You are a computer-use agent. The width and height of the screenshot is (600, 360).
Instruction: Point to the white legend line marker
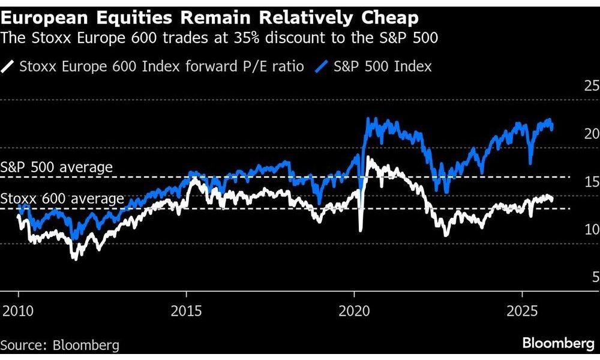(9, 66)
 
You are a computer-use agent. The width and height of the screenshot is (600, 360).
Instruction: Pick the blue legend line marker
(322, 66)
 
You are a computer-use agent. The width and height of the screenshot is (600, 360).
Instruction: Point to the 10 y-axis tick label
(591, 229)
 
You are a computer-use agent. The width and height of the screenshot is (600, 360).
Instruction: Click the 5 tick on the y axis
(595, 277)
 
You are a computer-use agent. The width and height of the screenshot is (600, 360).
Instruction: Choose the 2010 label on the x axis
(18, 312)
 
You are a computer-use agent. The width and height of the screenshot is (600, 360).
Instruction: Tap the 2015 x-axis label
(186, 312)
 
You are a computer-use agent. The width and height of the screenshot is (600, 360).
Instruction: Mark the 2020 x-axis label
(354, 312)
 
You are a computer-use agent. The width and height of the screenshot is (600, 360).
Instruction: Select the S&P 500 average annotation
(56, 167)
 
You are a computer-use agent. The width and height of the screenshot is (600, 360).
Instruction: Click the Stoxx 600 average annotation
(62, 199)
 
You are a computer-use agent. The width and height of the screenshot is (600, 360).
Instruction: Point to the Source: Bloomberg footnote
(60, 345)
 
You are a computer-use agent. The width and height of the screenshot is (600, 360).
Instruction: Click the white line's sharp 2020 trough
(360, 230)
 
